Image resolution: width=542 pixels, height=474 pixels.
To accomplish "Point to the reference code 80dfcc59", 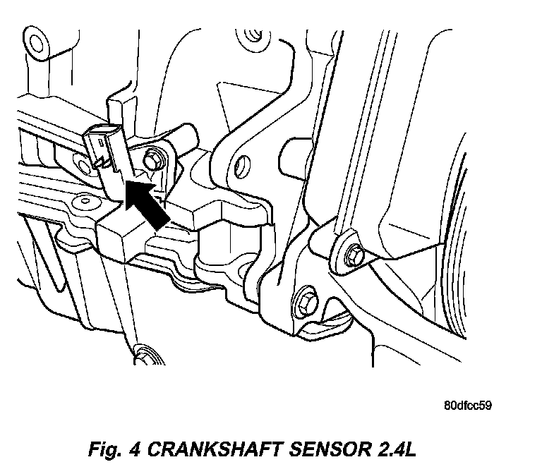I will point(468,406).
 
